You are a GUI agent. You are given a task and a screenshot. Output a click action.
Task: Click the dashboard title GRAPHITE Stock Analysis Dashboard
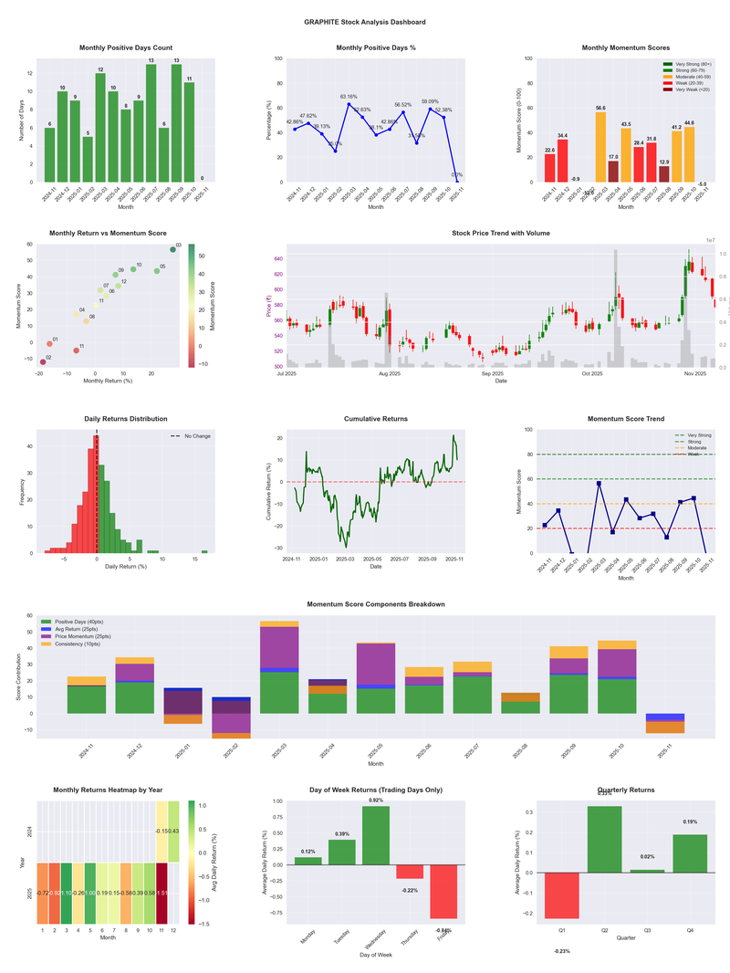(x=364, y=22)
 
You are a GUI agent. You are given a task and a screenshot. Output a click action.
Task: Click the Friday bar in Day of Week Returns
(x=444, y=891)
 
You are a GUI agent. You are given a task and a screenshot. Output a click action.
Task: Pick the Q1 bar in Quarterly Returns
(x=561, y=895)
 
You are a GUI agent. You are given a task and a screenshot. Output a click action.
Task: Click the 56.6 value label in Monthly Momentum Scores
(x=600, y=108)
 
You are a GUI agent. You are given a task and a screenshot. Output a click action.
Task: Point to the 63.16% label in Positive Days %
(x=349, y=96)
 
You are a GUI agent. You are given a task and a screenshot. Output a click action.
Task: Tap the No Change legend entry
(x=196, y=436)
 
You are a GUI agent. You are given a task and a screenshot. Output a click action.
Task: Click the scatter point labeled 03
(x=172, y=249)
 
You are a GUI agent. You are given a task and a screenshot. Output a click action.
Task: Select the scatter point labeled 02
(x=42, y=362)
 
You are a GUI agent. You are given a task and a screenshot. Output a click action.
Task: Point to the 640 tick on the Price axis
(x=276, y=259)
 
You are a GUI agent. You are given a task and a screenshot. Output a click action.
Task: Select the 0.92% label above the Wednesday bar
(x=377, y=800)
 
